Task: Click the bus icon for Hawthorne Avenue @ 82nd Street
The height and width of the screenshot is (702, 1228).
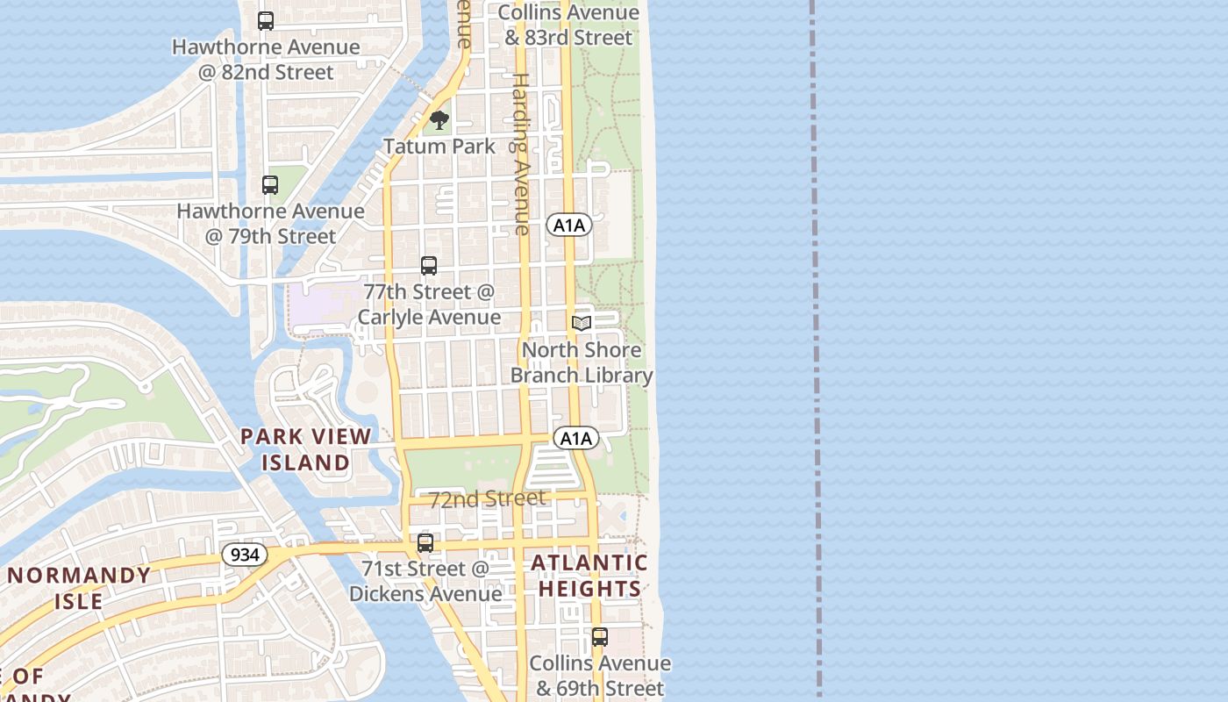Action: click(266, 20)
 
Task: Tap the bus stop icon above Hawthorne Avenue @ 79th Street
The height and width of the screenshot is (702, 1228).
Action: click(270, 185)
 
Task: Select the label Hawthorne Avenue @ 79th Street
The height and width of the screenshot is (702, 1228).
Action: click(270, 224)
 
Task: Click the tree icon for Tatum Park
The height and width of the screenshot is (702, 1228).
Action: click(439, 120)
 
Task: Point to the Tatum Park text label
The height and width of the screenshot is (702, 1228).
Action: click(439, 147)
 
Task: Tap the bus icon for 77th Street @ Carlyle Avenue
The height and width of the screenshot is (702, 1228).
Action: click(429, 265)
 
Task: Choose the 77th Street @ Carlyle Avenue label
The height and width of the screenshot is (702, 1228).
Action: click(429, 304)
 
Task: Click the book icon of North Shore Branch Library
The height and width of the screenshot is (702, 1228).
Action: click(581, 323)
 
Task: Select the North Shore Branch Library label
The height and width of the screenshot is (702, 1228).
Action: click(582, 362)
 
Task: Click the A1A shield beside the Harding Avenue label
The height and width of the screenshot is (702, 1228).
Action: click(569, 226)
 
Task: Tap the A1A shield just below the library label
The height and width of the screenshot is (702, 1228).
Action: click(576, 438)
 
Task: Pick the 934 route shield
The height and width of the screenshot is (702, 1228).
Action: click(244, 555)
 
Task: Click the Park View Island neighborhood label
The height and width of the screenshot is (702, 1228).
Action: click(306, 448)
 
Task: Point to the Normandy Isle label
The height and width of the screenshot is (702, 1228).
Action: click(80, 588)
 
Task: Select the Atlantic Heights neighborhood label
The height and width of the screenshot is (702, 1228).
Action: click(589, 576)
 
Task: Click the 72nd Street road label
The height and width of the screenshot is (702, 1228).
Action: click(487, 498)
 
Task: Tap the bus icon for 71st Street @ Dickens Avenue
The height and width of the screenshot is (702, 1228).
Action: click(425, 543)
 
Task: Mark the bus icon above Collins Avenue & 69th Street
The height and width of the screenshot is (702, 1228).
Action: click(599, 637)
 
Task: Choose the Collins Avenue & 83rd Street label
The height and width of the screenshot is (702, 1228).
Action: click(568, 25)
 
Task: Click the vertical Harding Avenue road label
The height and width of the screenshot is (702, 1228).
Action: click(521, 154)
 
